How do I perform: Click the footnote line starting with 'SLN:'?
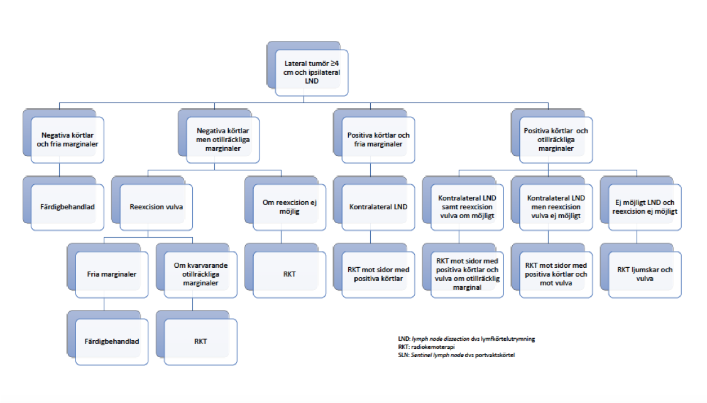click(456, 355)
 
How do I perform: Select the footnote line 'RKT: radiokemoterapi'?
click(426, 347)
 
